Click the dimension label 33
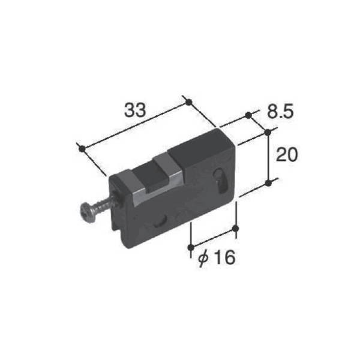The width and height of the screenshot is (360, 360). point(135,110)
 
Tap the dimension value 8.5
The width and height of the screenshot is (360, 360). point(280,112)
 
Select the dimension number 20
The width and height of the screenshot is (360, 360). point(287,155)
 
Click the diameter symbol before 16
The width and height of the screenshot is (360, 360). point(203,258)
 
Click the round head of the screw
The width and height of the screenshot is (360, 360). point(86,212)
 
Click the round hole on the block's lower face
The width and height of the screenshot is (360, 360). point(160,221)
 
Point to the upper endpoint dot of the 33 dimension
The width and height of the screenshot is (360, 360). point(188,103)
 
